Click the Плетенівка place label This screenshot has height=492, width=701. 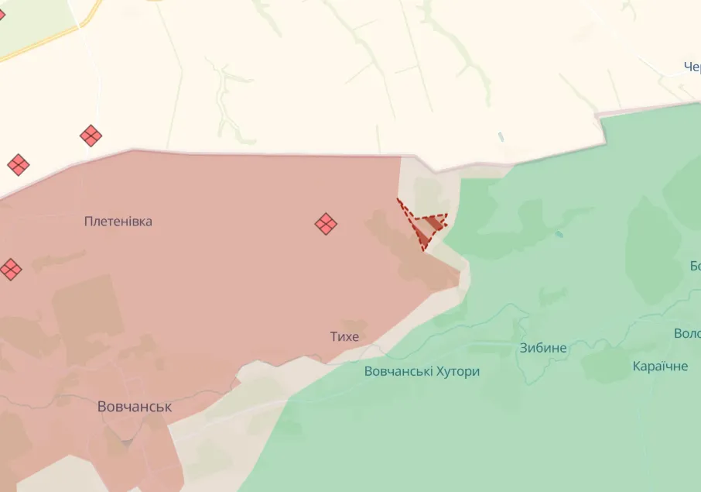coord(118,222)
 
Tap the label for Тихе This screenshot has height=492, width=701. coord(344,336)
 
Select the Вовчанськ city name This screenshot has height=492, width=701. coord(135,407)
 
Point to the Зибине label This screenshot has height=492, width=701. coord(543,348)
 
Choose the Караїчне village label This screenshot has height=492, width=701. coord(660,366)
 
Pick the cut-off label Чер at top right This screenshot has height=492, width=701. coord(692,67)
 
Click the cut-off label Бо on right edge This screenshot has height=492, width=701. coord(694,267)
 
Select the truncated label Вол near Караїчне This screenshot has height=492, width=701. coord(687,333)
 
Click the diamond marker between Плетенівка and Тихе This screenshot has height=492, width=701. coord(326,225)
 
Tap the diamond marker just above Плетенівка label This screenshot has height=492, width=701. coord(91,136)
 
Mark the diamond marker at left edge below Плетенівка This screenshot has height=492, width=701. coord(10,270)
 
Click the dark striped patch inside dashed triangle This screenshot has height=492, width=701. coord(431,225)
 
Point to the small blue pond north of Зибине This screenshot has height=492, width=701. coord(559,234)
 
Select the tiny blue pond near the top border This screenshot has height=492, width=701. coord(501,137)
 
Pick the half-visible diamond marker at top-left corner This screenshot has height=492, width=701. coord(2,14)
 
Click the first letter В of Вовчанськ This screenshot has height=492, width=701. coord(103,407)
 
